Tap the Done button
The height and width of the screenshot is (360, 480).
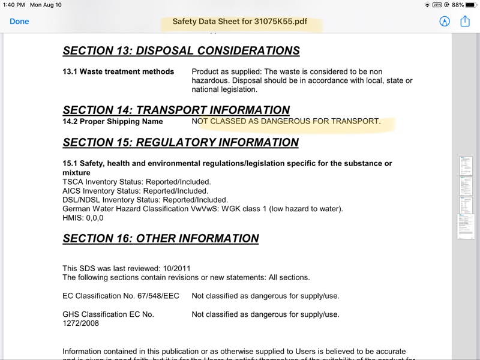pyautogui.click(x=19, y=21)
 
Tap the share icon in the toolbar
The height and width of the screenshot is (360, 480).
pyautogui.click(x=465, y=21)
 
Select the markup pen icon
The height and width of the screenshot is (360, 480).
pyautogui.click(x=445, y=21)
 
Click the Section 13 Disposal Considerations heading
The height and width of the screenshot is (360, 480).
pyautogui.click(x=181, y=51)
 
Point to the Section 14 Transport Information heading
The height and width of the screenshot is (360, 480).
pyautogui.click(x=176, y=110)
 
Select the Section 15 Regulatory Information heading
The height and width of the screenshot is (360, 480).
pyautogui.click(x=181, y=143)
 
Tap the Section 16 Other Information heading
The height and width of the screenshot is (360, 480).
pyautogui.click(x=161, y=239)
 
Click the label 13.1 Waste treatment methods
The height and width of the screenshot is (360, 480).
pyautogui.click(x=118, y=71)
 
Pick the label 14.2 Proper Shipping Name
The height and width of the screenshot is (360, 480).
pyautogui.click(x=113, y=121)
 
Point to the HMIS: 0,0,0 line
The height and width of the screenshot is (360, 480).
pyautogui.click(x=83, y=218)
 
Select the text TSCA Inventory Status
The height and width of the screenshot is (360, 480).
pyautogui.click(x=101, y=182)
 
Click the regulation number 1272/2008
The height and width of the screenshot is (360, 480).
pyautogui.click(x=80, y=323)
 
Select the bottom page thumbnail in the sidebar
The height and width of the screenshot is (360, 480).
pyautogui.click(x=466, y=226)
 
